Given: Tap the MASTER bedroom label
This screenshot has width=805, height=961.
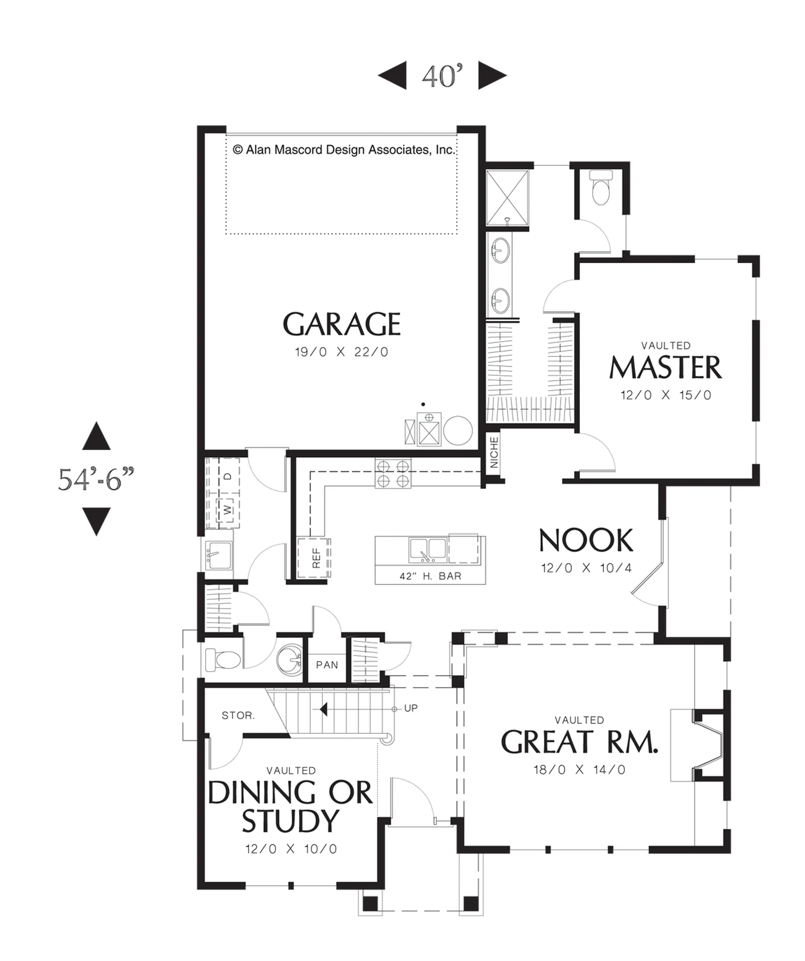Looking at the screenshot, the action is coord(666,368).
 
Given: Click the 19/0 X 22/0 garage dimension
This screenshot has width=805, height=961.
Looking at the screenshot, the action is coord(341,352).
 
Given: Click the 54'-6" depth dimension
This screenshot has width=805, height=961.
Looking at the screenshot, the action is coord(96,479).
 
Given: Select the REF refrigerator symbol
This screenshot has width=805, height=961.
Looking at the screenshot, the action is coord(314,558).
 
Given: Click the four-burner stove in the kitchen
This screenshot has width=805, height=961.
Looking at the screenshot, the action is coord(393,474).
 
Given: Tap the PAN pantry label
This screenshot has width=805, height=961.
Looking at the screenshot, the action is coord(327,665).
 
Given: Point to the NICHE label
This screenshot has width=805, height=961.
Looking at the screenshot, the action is coord(494,452).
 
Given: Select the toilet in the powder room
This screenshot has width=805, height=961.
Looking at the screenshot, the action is coord(223,660).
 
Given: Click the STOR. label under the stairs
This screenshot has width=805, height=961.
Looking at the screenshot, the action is coord(238,715).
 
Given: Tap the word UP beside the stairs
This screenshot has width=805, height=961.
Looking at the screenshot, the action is coord(411,708).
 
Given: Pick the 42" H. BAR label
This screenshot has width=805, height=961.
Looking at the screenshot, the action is coord(430,576).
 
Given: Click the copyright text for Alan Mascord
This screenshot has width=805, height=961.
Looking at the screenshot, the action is coord(343,150).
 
